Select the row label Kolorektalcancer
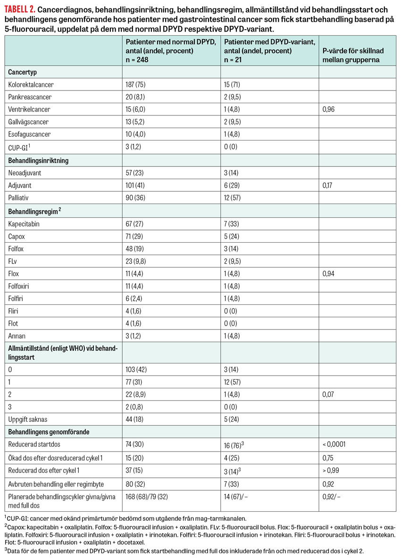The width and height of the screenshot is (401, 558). click(31, 84)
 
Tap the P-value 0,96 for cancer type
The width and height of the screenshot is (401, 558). click(328, 109)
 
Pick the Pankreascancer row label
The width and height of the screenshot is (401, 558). click(30, 97)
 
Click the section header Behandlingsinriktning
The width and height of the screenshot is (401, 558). click(38, 160)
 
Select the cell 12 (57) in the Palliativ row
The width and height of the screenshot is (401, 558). click(234, 198)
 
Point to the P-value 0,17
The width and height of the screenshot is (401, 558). click(328, 186)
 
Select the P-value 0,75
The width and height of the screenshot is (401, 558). click(328, 457)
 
